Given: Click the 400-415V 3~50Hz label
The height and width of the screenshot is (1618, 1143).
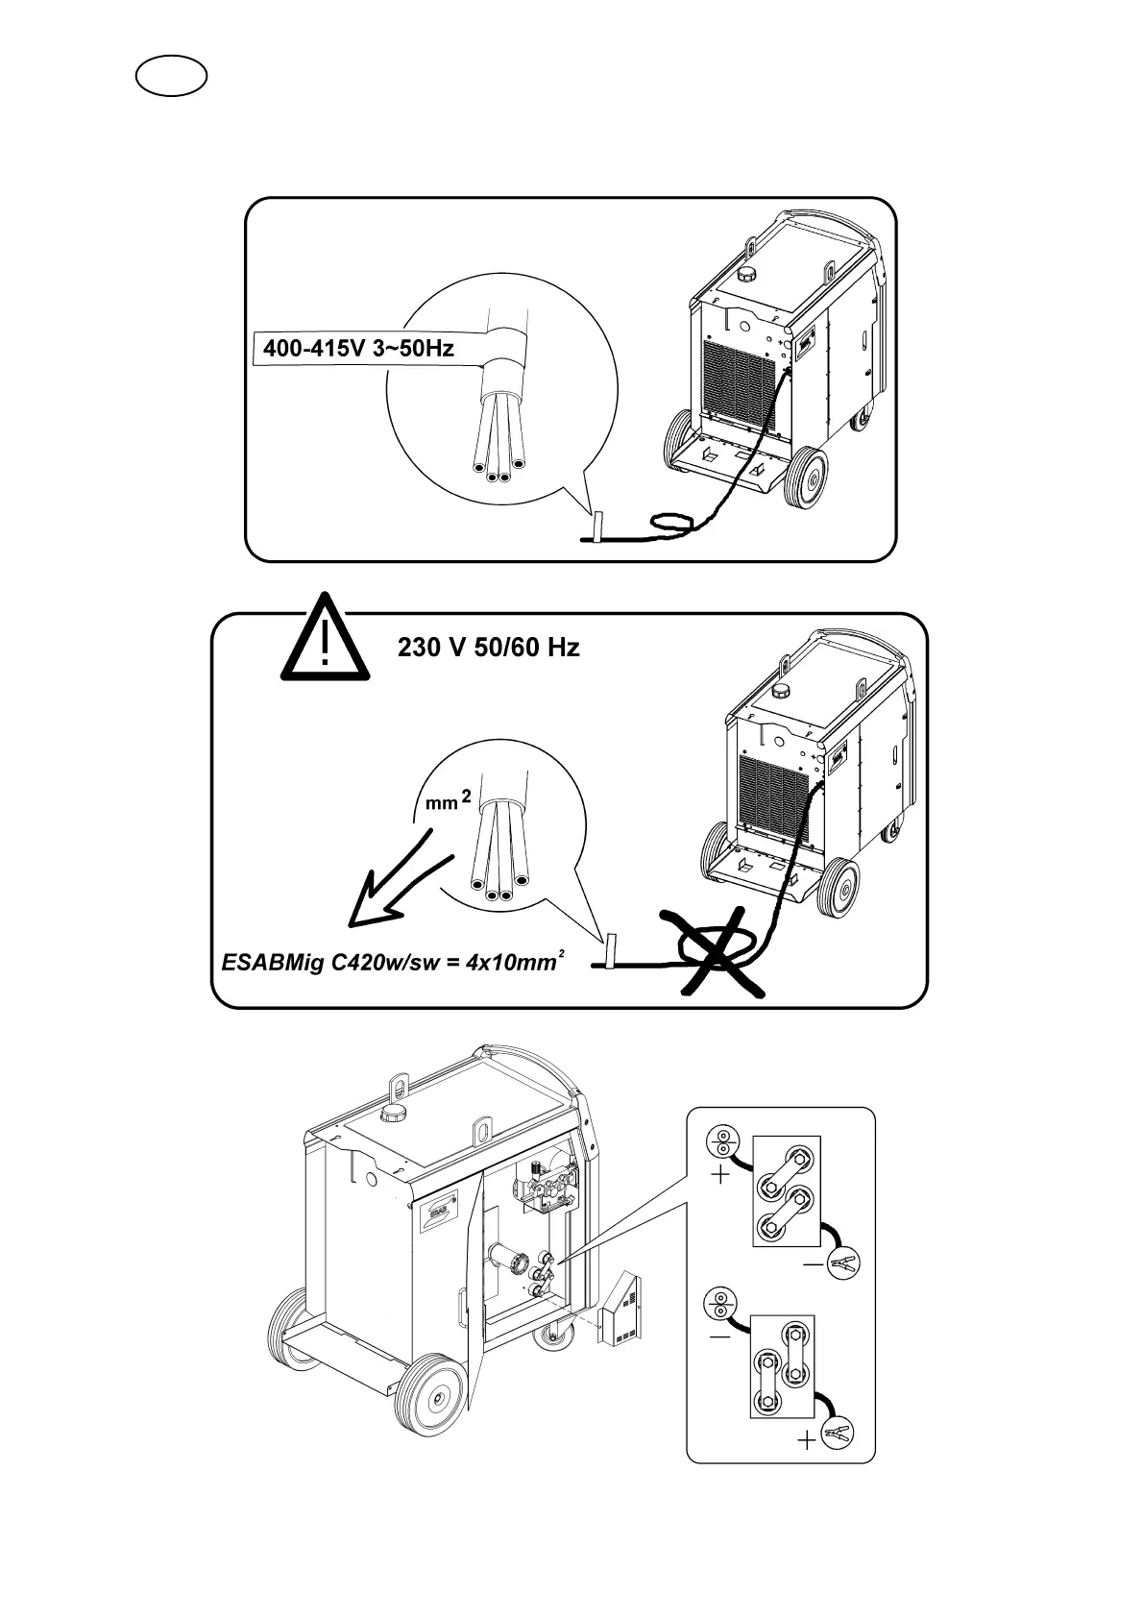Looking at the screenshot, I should pyautogui.click(x=358, y=348).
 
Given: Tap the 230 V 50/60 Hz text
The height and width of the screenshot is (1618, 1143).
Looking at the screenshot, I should pyautogui.click(x=488, y=648).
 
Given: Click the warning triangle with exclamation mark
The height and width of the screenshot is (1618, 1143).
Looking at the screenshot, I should pyautogui.click(x=325, y=639).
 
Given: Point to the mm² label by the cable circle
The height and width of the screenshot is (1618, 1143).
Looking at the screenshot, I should pyautogui.click(x=448, y=800).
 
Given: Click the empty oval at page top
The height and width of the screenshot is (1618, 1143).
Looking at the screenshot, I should pyautogui.click(x=172, y=76).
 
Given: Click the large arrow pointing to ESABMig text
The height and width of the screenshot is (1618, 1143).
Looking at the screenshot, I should pyautogui.click(x=394, y=884).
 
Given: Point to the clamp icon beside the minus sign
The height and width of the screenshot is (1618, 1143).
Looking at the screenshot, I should pyautogui.click(x=843, y=1261).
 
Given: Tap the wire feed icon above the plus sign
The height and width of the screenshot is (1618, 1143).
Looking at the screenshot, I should pyautogui.click(x=721, y=1143).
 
